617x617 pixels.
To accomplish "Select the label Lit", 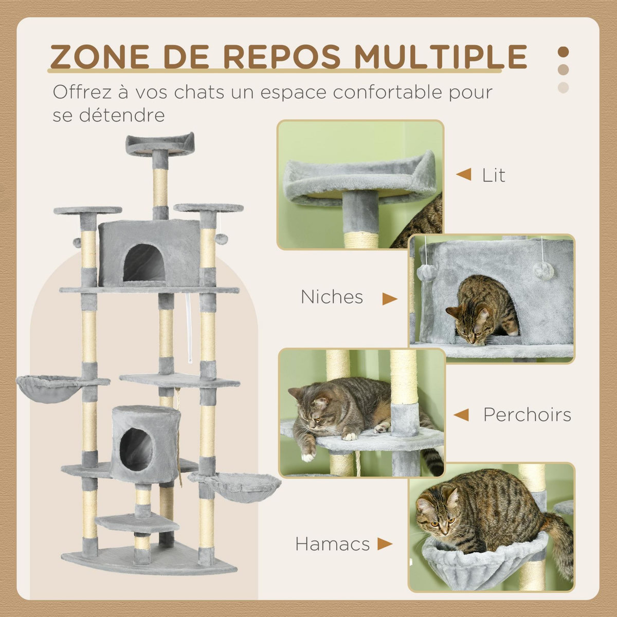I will tap(494, 175).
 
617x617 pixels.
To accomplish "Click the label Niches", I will tap(332, 297).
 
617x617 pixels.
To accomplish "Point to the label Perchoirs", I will tap(527, 415).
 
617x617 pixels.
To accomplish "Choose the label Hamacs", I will tap(332, 544).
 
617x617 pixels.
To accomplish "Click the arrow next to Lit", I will tap(463, 175).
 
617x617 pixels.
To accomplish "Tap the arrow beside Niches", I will tap(390, 299).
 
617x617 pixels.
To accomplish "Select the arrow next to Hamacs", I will tap(385, 544).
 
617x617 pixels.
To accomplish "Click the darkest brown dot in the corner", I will tap(564, 52).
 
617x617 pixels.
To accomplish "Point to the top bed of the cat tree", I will tap(160, 144).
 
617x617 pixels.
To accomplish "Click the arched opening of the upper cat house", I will tap(144, 263).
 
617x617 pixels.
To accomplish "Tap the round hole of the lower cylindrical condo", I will tap(136, 449).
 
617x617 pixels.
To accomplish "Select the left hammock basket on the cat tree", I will tap(48, 388).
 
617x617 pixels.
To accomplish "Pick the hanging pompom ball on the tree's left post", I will tap(77, 242).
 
